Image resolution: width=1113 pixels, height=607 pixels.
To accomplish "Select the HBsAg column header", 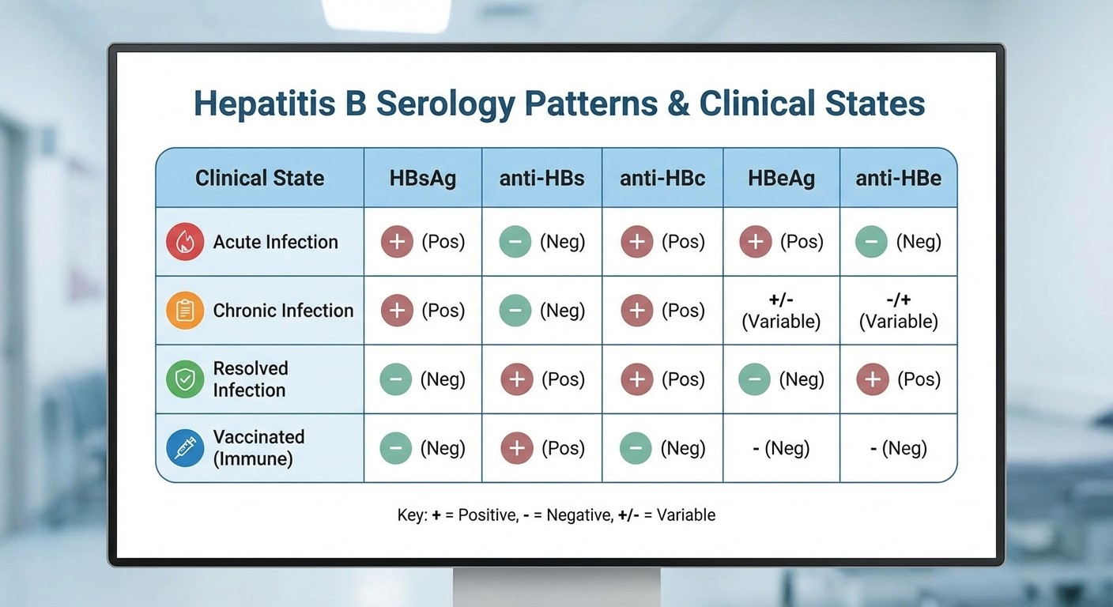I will [x=422, y=178].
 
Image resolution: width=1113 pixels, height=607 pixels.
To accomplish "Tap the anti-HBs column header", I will [x=541, y=178].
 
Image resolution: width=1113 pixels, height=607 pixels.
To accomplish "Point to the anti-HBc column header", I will [x=662, y=178].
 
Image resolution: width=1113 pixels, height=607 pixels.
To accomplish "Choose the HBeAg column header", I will [x=781, y=178].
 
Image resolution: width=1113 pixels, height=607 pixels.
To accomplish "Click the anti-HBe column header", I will [x=898, y=178].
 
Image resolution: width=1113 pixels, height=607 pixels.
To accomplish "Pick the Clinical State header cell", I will [x=259, y=178].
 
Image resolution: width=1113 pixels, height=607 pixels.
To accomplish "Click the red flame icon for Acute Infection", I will [x=185, y=242].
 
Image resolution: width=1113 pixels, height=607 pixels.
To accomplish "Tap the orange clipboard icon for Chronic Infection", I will [x=185, y=311].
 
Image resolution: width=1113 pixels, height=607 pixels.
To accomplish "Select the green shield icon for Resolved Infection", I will [x=185, y=379].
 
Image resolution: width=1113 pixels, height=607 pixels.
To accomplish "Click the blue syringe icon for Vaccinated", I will [x=185, y=448].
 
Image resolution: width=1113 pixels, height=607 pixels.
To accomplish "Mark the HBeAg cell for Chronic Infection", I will [x=781, y=311].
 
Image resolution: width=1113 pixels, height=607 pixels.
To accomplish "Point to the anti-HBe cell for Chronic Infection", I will [x=898, y=311].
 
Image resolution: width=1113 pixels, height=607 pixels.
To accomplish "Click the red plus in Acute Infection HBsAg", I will [x=397, y=242].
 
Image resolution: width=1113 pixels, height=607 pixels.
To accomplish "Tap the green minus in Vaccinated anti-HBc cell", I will [x=636, y=448].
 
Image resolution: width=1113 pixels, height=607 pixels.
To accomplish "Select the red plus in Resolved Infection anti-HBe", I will [x=873, y=379].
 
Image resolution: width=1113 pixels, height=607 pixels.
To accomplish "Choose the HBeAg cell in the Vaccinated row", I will [x=781, y=449].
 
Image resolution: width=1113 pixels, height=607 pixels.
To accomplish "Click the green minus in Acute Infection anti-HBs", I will [x=515, y=242].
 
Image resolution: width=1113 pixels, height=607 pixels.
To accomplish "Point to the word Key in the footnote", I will [x=412, y=515].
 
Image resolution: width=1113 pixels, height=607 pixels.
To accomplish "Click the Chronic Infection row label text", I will [x=283, y=311].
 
